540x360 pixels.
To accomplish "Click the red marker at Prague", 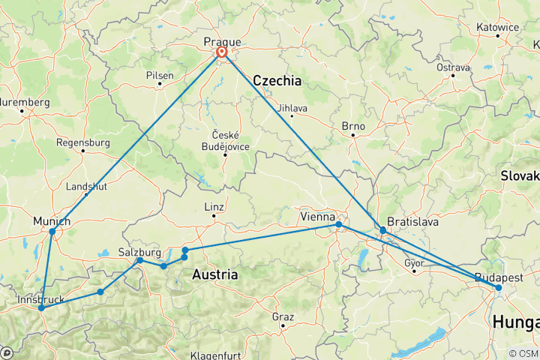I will coord(222,52).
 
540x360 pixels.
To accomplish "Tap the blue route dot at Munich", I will coord(52,232).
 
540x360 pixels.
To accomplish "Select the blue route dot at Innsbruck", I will coord(41,308).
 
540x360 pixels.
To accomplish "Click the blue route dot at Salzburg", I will coord(139,260).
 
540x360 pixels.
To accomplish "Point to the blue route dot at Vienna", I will coord(339,224).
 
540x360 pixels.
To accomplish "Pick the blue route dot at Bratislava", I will coord(383,231).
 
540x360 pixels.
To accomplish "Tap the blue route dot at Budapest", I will coord(499,288).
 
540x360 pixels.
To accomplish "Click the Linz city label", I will coord(214,207).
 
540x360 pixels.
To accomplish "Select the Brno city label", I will coord(352,126).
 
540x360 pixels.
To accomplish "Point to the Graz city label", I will coord(283,316).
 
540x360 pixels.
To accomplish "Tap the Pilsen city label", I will coord(160,75).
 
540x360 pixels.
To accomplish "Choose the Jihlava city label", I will coord(292,107).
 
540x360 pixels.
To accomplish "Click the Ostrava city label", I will coord(453,67).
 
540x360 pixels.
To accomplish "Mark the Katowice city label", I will coord(497,27).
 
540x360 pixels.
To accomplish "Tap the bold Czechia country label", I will coord(277,80).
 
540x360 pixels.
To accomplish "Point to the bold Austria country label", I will coord(215,274).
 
